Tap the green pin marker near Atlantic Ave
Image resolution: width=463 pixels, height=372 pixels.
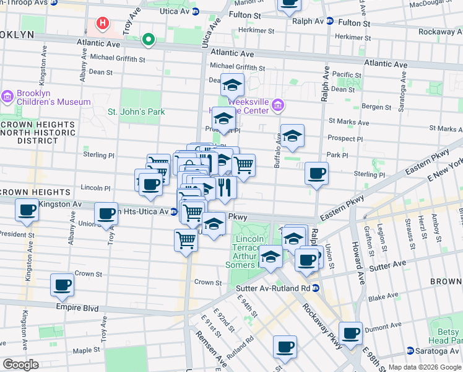(x=148, y=40)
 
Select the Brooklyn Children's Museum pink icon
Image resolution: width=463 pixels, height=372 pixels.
(x=7, y=97)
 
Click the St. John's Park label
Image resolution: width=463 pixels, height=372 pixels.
(x=136, y=112)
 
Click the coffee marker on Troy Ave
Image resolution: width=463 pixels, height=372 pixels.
(x=107, y=213)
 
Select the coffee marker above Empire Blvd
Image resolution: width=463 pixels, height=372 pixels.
(x=62, y=285)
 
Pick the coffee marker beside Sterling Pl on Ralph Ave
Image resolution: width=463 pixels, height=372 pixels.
(x=317, y=173)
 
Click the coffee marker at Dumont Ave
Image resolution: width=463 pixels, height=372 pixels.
(x=350, y=332)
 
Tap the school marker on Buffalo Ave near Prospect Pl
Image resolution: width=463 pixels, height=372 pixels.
(x=293, y=135)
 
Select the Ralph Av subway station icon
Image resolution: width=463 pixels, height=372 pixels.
(x=330, y=21)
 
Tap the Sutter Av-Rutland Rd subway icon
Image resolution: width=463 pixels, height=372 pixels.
(x=315, y=288)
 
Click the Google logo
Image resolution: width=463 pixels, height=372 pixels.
(x=20, y=364)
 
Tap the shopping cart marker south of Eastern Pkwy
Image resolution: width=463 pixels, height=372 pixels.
(x=186, y=239)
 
